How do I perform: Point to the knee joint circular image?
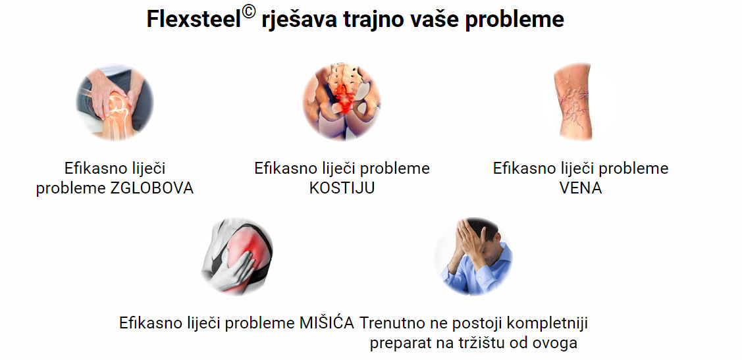[115, 103]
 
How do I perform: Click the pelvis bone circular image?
[342, 103]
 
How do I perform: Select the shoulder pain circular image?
[237, 257]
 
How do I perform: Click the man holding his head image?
[473, 257]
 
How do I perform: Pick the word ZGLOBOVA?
[151, 188]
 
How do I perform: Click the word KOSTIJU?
[342, 188]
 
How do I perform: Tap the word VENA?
[581, 188]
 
